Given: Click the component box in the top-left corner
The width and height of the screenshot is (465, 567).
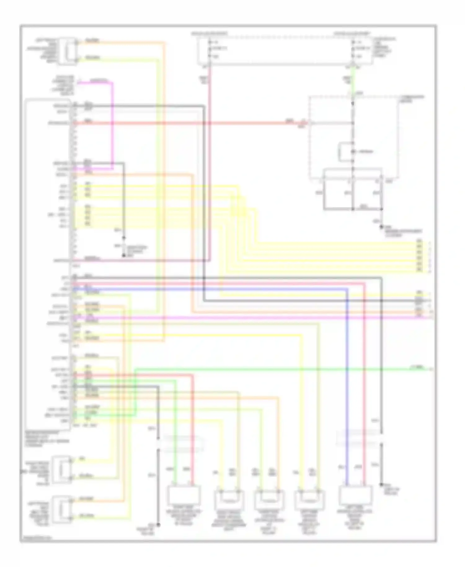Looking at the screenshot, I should [x=68, y=51].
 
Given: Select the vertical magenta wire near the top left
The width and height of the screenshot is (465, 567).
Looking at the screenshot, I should [x=113, y=124].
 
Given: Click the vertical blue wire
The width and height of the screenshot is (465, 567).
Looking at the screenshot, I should [x=347, y=388].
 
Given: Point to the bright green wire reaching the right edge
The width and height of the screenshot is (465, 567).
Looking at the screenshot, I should [x=279, y=369].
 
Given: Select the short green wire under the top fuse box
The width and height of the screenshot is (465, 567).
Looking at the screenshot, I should [x=352, y=81].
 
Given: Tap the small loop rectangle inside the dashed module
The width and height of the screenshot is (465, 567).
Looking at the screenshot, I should [x=346, y=152].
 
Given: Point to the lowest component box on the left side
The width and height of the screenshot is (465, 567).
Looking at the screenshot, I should [x=62, y=509].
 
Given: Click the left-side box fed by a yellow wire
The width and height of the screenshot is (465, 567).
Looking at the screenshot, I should [x=62, y=469].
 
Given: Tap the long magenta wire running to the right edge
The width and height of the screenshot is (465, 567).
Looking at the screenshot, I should [x=248, y=318].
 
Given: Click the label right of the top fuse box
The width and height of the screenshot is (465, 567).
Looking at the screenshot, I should [x=384, y=48].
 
